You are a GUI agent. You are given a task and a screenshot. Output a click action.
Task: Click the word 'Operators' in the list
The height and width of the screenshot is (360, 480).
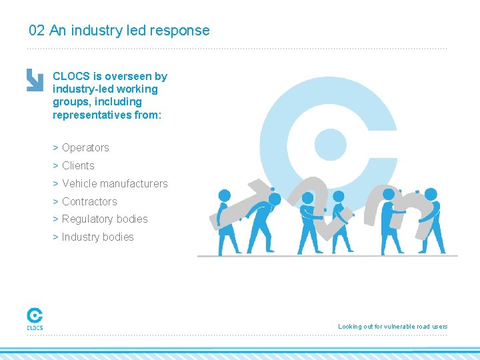[x=85, y=148]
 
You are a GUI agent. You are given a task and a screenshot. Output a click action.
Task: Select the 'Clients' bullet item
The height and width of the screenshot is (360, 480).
[x=78, y=166]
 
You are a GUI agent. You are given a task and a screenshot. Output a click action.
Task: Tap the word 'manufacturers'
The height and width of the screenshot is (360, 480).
[x=134, y=184]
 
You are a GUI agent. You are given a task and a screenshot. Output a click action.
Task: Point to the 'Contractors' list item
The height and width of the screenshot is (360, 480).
[x=89, y=202]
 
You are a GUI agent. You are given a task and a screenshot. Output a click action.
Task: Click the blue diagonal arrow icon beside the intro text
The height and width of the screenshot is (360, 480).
[x=35, y=79]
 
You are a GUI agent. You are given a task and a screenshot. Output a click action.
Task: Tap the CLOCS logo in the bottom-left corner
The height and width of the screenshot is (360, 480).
[x=35, y=318]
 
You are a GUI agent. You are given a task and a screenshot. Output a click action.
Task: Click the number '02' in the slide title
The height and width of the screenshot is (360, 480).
[x=37, y=31]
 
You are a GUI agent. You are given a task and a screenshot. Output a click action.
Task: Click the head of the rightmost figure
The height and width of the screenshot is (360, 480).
[x=431, y=195]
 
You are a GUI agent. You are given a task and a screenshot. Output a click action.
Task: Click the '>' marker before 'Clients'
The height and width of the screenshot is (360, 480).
[x=55, y=166]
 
